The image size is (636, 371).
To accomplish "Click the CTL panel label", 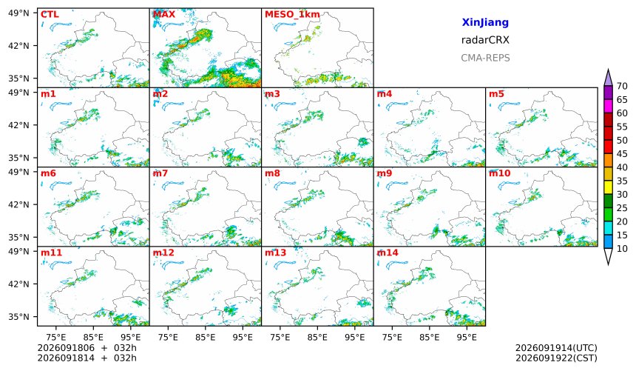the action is (x=50, y=14).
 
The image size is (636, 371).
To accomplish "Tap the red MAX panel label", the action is (x=164, y=14).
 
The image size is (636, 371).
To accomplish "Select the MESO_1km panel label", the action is (x=292, y=15).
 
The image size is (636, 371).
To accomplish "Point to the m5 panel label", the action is (x=496, y=94).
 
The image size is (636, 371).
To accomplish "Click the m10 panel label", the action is (x=499, y=173).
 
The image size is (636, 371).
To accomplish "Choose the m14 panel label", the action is (x=388, y=253).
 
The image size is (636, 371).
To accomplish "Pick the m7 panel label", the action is (x=160, y=173).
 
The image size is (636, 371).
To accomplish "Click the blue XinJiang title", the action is (x=485, y=22).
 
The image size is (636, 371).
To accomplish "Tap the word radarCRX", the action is (x=485, y=40).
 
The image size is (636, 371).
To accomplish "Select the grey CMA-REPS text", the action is (x=485, y=58).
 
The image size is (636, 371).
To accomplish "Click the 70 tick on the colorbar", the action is (x=622, y=86).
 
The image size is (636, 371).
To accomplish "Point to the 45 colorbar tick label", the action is (x=622, y=153).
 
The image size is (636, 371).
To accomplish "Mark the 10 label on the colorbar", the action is (x=622, y=248).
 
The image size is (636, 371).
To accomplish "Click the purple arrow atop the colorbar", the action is (x=608, y=78).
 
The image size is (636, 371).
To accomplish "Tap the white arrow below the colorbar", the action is (x=608, y=256).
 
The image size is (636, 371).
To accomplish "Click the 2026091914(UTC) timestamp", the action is (x=556, y=348).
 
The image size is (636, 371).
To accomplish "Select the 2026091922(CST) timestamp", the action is (x=556, y=358).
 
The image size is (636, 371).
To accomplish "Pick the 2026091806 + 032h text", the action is (x=87, y=348).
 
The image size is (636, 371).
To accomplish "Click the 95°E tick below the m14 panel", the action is (x=467, y=337).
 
